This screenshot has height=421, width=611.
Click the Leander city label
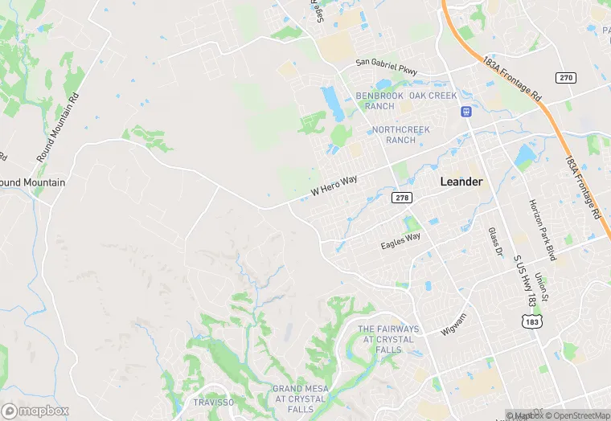coord(461,182)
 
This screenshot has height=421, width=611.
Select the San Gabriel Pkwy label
coord(387,67)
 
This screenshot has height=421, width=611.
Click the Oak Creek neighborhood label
coord(433,96)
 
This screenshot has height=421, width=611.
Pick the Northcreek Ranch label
coord(400,134)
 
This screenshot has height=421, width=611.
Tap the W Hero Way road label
coord(334,186)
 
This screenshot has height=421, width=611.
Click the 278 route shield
coord(402,197)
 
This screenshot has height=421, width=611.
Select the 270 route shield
coord(565,77)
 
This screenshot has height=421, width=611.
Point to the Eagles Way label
coord(400,240)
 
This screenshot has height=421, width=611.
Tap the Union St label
coord(542,288)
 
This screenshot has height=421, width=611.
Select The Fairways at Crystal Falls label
coord(388,339)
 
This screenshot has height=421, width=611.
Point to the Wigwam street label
coord(454,329)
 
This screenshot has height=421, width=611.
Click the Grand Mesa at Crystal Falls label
coord(300,394)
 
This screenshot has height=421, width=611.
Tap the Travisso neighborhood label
coord(212,402)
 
